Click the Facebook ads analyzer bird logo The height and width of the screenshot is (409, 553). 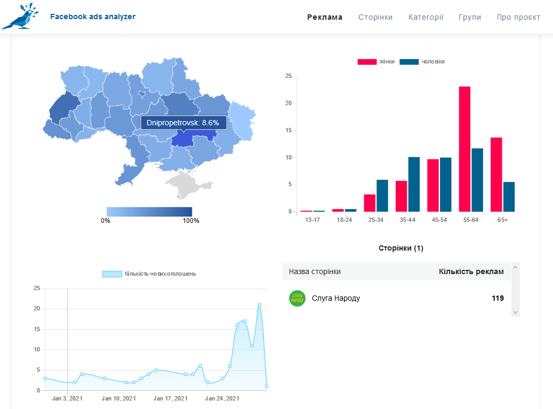[x=20, y=17]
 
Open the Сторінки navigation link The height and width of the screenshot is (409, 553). [x=375, y=17]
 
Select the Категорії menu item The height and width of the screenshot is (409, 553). [x=426, y=17]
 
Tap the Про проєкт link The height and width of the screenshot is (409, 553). [x=518, y=17]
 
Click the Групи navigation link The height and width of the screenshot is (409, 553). [x=470, y=17]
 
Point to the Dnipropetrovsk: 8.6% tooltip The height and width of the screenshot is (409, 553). [x=183, y=123]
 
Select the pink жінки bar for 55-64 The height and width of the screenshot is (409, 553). [x=464, y=149]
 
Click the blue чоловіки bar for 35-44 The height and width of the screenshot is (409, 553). [x=414, y=184]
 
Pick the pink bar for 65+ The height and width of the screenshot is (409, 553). [x=496, y=174]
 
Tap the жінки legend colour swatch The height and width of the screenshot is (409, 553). [x=367, y=62]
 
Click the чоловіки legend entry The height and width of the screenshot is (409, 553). [x=422, y=62]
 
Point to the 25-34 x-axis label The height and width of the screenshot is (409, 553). [x=376, y=220]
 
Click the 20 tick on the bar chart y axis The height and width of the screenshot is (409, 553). [x=288, y=103]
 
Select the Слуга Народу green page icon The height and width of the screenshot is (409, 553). [x=298, y=298]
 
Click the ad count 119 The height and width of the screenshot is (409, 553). [x=498, y=298]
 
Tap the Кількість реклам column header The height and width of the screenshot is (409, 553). [x=471, y=271]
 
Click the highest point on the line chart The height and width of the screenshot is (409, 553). [x=259, y=304]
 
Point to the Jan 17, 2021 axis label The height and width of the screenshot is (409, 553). [x=171, y=398]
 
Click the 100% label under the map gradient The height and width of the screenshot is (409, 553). [x=191, y=221]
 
